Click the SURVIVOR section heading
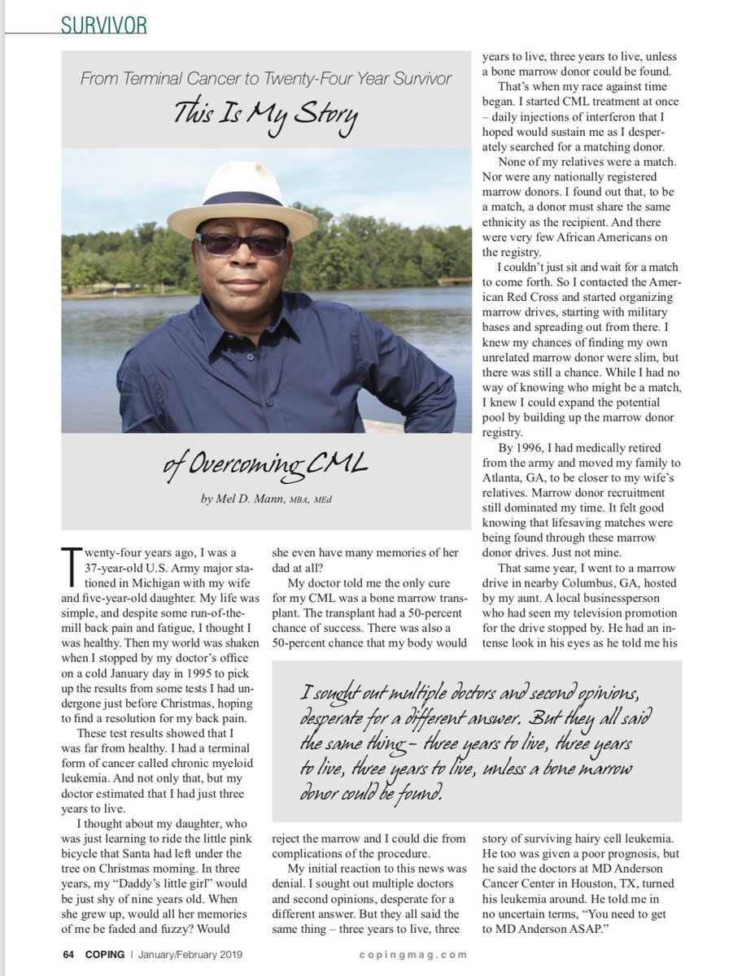coord(104,25)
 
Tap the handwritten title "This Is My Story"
coord(265,115)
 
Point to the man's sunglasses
coord(242,244)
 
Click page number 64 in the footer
coord(69,954)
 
